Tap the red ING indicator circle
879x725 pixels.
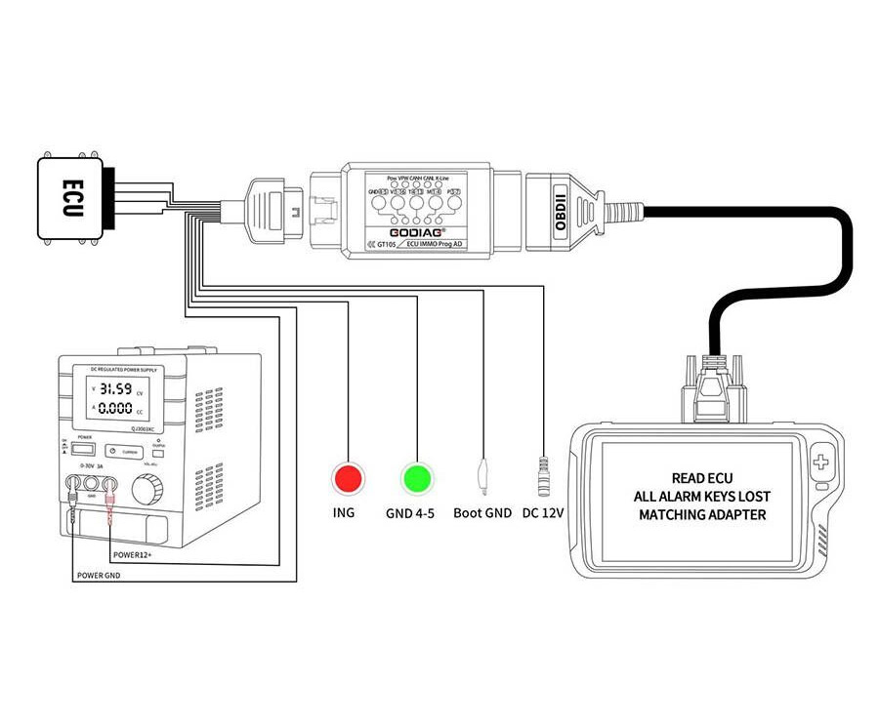tap(347, 478)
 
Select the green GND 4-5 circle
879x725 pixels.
tap(417, 478)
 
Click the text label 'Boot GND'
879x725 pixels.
tap(481, 513)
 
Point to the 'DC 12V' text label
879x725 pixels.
tap(544, 513)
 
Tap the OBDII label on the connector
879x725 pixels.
tap(560, 208)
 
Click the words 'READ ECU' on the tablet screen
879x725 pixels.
tap(702, 479)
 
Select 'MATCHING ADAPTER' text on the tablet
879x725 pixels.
tap(702, 514)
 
